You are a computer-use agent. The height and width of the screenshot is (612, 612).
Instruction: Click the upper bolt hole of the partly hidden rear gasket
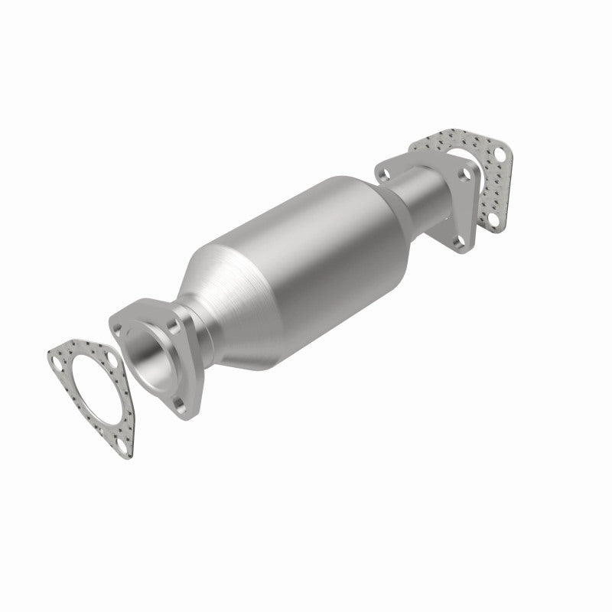(500, 153)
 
